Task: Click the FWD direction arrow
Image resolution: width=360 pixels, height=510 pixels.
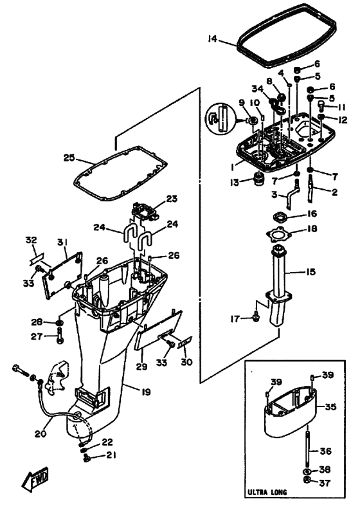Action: click(35, 480)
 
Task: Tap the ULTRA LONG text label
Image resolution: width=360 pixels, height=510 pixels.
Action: click(267, 492)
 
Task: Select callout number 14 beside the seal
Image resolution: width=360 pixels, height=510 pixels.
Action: click(212, 39)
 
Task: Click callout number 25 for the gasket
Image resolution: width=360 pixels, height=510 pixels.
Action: click(69, 158)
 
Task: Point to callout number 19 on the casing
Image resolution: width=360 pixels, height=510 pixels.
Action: click(147, 392)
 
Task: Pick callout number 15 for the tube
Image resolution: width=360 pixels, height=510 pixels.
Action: click(311, 271)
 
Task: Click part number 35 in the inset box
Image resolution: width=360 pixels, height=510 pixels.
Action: click(330, 406)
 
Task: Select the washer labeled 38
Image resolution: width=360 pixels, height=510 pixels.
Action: click(307, 471)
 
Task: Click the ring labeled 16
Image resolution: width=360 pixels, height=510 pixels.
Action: click(278, 216)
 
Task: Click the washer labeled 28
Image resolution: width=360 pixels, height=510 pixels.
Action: click(60, 323)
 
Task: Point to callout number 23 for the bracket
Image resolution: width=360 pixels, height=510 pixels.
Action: click(172, 199)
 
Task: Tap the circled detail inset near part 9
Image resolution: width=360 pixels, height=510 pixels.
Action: click(221, 118)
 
